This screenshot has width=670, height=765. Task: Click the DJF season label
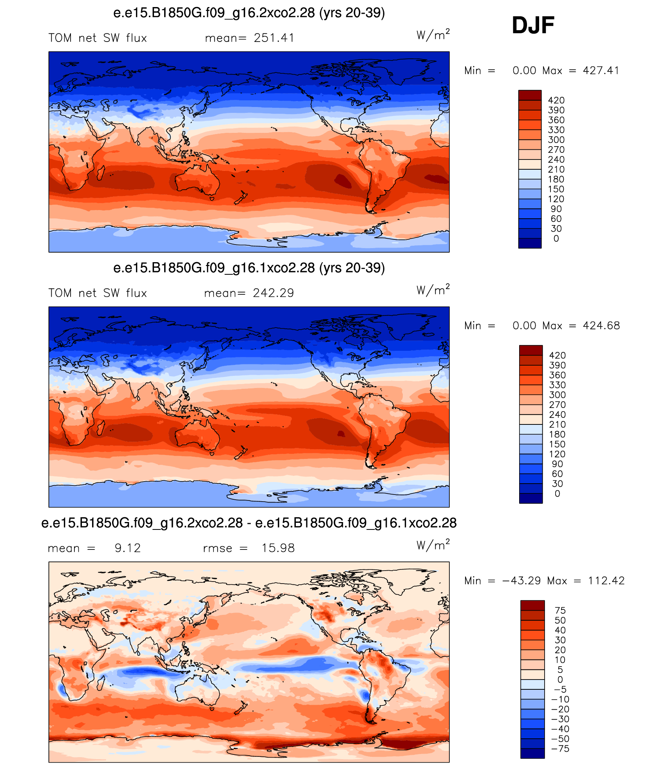533,25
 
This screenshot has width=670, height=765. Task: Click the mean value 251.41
274,38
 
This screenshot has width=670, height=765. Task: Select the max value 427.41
601,71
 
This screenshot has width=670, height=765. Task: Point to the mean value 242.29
273,293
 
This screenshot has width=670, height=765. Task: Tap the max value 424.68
601,326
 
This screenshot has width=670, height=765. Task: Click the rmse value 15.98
278,548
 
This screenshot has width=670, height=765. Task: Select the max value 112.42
606,581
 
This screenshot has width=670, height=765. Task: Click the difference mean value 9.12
128,548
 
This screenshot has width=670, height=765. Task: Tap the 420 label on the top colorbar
556,100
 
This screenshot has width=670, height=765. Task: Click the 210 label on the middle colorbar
557,424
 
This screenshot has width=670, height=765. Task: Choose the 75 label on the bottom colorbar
560,610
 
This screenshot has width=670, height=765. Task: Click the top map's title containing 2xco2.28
249,13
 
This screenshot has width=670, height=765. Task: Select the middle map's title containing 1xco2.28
249,268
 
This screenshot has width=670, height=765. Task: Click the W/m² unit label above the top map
433,34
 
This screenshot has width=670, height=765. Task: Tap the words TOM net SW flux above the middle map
98,293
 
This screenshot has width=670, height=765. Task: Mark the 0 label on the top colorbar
556,239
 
